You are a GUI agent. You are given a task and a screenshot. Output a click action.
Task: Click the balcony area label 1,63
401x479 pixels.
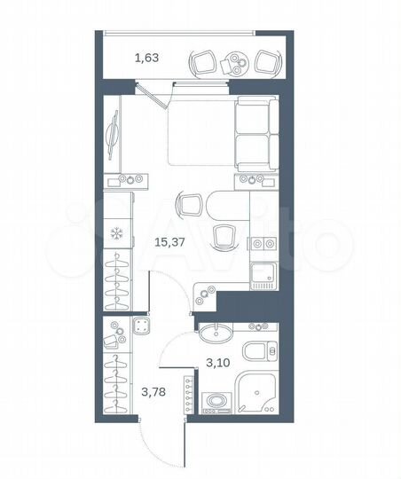(146, 59)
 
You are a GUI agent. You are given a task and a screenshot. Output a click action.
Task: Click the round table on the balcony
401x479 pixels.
(236, 63)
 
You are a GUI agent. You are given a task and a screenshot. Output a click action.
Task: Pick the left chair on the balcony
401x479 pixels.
(202, 61)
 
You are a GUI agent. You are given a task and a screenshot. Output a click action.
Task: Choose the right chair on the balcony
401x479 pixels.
(267, 61)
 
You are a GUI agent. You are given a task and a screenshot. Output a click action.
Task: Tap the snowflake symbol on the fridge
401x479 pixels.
(116, 234)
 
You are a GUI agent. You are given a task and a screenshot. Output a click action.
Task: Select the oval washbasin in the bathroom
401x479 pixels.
(214, 334)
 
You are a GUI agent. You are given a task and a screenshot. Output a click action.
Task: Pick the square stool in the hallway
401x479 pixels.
(143, 326)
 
